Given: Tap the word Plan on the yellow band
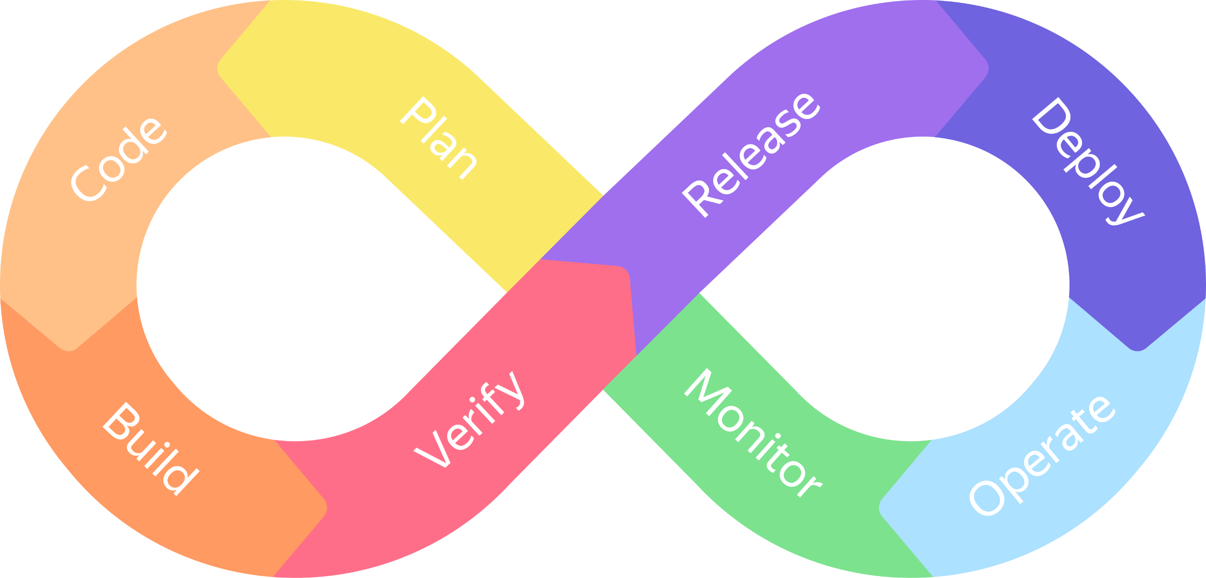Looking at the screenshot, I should (x=439, y=138).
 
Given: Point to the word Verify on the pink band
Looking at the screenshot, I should (x=470, y=419).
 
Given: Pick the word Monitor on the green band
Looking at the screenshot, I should (x=752, y=433).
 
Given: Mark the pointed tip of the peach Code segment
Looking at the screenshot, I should (x=68, y=349).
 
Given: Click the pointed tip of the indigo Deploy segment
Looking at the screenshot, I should (x=1137, y=349).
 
